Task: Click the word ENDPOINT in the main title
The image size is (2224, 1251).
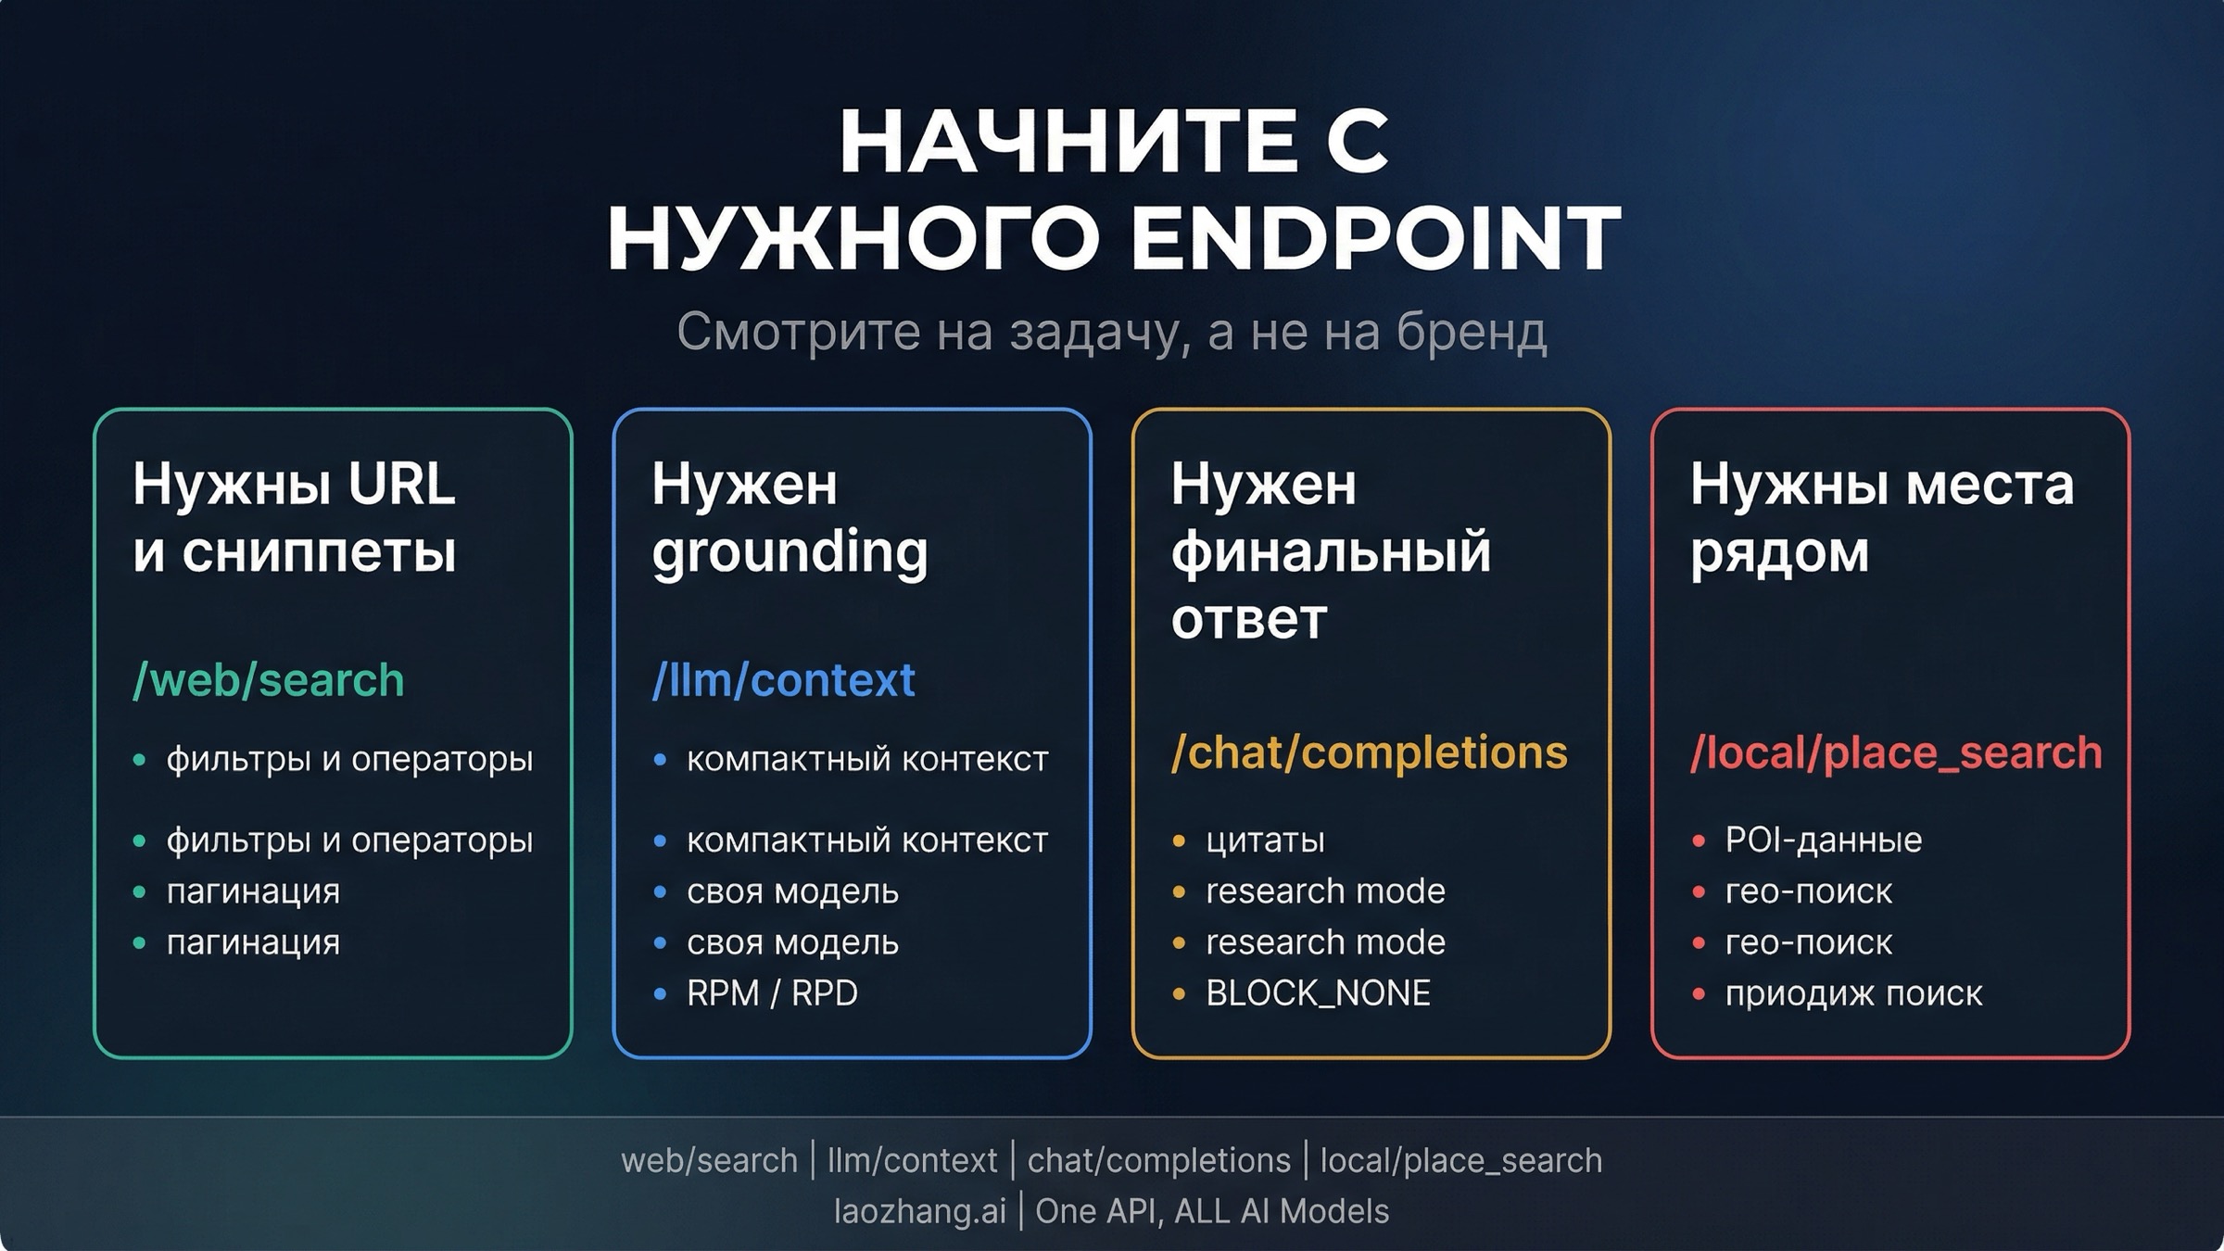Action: click(x=1375, y=238)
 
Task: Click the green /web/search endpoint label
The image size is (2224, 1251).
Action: click(x=269, y=680)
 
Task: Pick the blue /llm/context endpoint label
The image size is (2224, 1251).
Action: click(x=783, y=680)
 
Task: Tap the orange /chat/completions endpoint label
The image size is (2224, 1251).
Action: click(x=1369, y=752)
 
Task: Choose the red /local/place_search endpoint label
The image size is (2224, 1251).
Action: click(x=1896, y=752)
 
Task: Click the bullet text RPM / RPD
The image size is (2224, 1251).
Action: click(x=772, y=993)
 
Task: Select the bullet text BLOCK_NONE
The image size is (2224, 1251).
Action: click(x=1318, y=993)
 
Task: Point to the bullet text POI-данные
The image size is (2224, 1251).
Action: click(x=1823, y=840)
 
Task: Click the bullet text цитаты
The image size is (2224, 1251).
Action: click(x=1265, y=840)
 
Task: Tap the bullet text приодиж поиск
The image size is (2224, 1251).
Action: click(x=1853, y=993)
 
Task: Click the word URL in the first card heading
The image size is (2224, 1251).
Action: click(x=401, y=484)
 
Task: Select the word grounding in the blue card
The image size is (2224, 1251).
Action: click(x=790, y=552)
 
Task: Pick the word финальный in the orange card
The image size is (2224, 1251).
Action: click(x=1331, y=552)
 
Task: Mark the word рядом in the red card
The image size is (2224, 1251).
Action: click(x=1779, y=552)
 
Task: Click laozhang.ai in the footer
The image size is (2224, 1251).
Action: click(x=919, y=1211)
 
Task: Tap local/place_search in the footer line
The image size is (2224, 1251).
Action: click(x=1460, y=1160)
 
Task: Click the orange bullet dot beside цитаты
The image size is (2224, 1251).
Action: click(x=1179, y=841)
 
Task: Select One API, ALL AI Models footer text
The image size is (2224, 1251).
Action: click(x=1212, y=1211)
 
